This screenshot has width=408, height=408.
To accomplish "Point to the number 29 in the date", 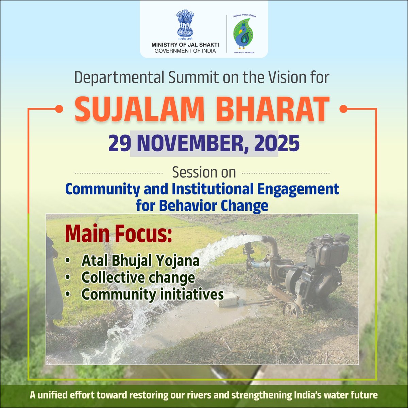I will (119, 143).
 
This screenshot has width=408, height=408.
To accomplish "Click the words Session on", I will (204, 172).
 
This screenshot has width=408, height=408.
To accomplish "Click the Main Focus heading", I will (118, 235).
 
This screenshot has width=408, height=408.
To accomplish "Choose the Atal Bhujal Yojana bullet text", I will (140, 261).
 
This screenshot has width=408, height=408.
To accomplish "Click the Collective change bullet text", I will (138, 277).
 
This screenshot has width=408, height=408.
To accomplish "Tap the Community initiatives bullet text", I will (152, 294).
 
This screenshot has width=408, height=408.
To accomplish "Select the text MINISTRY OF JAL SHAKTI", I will (185, 45).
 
